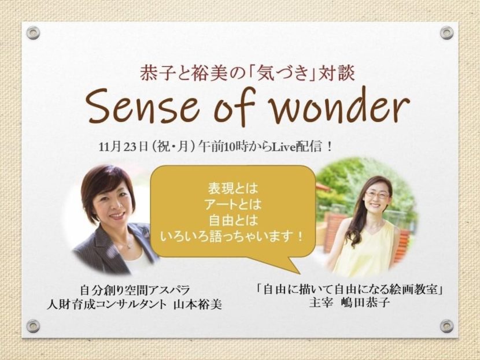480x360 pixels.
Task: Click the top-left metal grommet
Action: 33,32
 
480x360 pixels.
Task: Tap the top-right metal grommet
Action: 446,32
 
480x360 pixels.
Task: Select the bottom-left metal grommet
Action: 33,326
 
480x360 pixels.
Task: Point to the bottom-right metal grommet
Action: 446,326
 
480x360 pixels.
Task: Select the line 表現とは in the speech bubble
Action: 233,188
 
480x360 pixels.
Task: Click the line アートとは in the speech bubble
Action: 233,205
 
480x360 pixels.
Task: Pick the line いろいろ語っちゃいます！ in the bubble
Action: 232,236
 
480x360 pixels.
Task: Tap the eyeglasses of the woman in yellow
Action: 377,194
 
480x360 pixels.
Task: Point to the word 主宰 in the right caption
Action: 320,303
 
